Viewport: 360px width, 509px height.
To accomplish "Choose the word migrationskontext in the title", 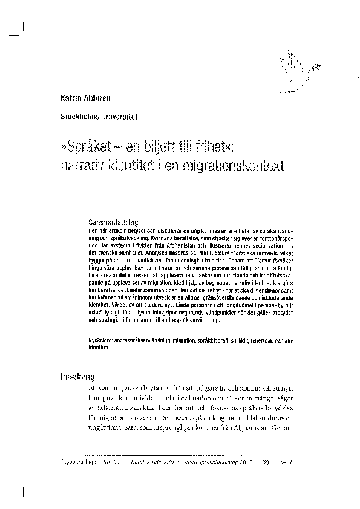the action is pyautogui.click(x=229, y=164).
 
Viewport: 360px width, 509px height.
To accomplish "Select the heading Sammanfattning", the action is pyautogui.click(x=114, y=222).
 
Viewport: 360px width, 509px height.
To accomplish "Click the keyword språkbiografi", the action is pyautogui.click(x=215, y=341).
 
